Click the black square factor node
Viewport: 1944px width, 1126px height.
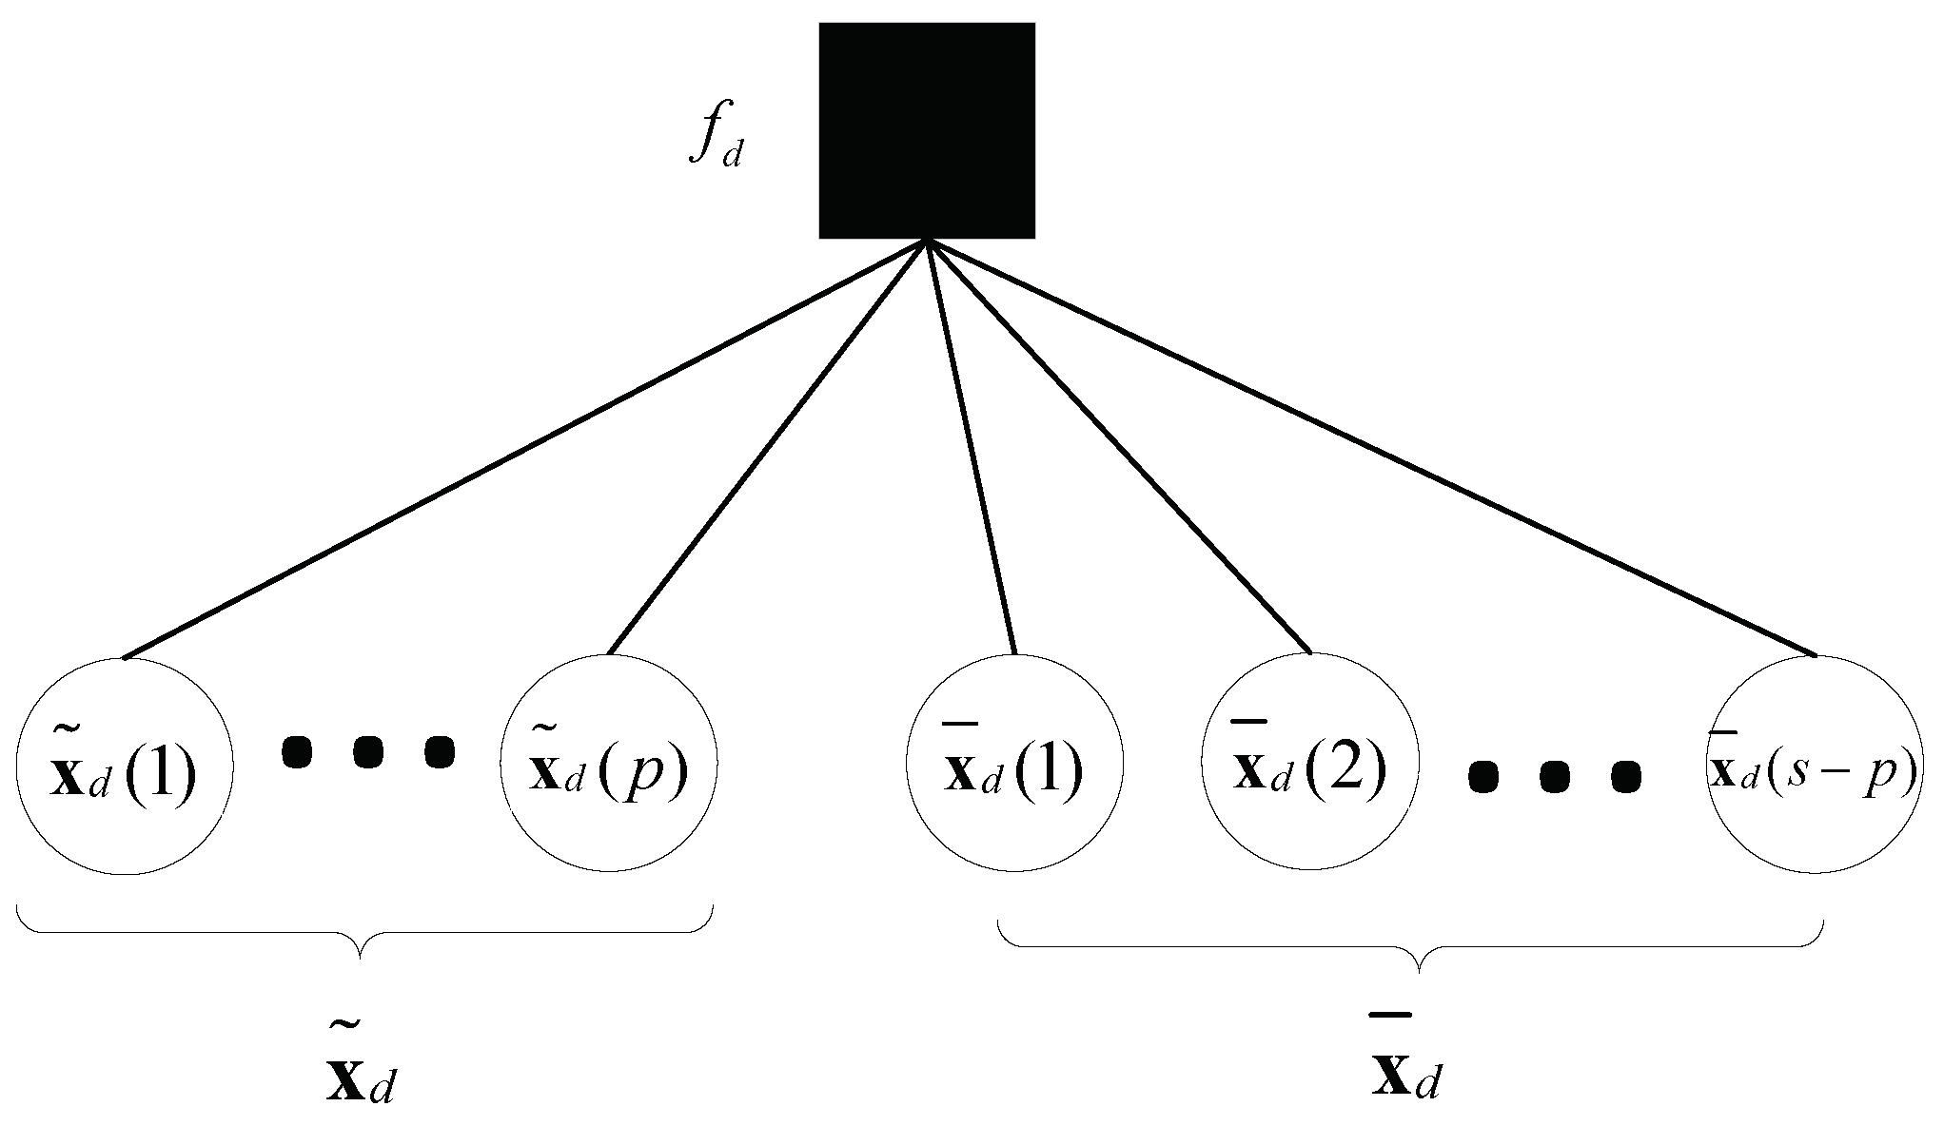click(x=927, y=130)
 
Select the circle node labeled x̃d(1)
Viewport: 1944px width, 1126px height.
click(x=124, y=765)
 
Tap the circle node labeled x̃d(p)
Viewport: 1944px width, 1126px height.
click(x=609, y=765)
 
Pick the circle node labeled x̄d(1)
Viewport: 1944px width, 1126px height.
click(x=1014, y=765)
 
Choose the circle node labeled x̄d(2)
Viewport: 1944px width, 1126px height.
click(x=1310, y=763)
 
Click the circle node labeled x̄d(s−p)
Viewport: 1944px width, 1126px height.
click(x=1815, y=765)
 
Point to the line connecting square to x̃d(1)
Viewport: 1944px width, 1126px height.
click(x=523, y=448)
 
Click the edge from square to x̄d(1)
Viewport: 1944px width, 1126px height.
click(x=972, y=448)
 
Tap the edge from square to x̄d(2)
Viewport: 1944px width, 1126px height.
click(x=1119, y=448)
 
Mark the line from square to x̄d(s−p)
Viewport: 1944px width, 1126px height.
click(x=1370, y=448)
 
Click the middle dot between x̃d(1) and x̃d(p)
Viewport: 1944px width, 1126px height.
click(x=368, y=752)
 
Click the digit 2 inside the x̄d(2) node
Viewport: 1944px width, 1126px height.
click(x=1347, y=767)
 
